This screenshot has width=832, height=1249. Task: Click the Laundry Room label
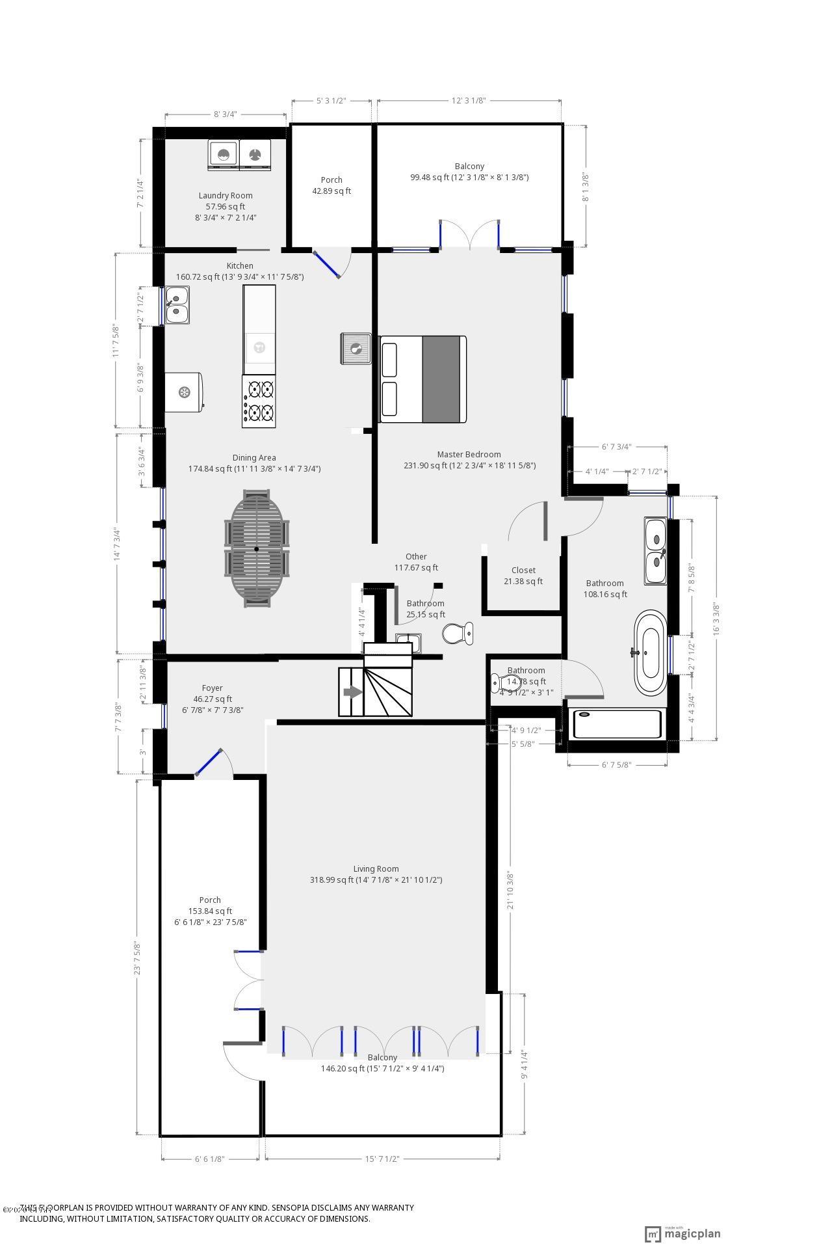(226, 195)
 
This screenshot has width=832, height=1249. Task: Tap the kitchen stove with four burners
(259, 401)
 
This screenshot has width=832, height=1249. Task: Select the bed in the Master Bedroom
(423, 379)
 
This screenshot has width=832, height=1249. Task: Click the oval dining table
(257, 548)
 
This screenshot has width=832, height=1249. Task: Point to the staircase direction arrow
(352, 692)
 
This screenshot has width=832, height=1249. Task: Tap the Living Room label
(376, 868)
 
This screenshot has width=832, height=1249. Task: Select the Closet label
(523, 570)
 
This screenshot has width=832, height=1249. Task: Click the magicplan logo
(682, 1233)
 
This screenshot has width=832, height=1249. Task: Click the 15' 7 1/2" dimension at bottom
(382, 1159)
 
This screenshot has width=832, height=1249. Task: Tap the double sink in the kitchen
(177, 305)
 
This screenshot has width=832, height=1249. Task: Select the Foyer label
(212, 688)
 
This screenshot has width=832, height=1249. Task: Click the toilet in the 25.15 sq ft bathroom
(458, 632)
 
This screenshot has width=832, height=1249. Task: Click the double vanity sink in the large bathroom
(655, 550)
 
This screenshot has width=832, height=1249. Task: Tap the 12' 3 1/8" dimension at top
(469, 101)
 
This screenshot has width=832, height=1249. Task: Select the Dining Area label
(254, 457)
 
